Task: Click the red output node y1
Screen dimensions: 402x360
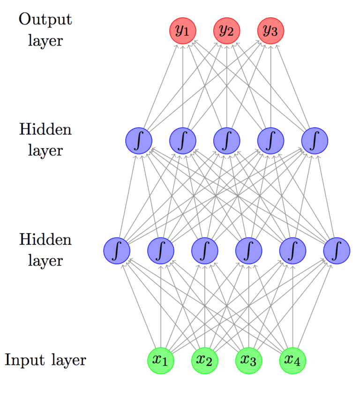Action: pos(182,30)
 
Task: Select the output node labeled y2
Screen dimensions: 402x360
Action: pos(227,30)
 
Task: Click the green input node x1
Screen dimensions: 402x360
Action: pos(160,361)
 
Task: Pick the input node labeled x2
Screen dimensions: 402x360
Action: pos(204,361)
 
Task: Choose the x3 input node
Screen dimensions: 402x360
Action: pos(248,361)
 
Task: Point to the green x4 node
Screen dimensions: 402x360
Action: pos(292,361)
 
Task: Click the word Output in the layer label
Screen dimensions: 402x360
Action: pos(45,20)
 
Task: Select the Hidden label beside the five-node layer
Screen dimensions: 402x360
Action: pos(45,129)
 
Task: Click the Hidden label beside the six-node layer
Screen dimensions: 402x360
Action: pos(45,240)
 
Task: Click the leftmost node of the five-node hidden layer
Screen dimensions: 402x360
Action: pos(139,140)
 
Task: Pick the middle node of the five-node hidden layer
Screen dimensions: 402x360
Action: pos(227,140)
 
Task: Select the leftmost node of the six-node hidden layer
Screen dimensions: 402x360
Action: pos(117,250)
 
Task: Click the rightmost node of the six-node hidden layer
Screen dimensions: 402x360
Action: pos(337,250)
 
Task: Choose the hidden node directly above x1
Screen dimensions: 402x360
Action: pos(161,250)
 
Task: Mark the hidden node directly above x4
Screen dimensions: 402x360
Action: pos(292,250)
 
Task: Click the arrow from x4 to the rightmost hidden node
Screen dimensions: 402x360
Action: pos(314,307)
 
